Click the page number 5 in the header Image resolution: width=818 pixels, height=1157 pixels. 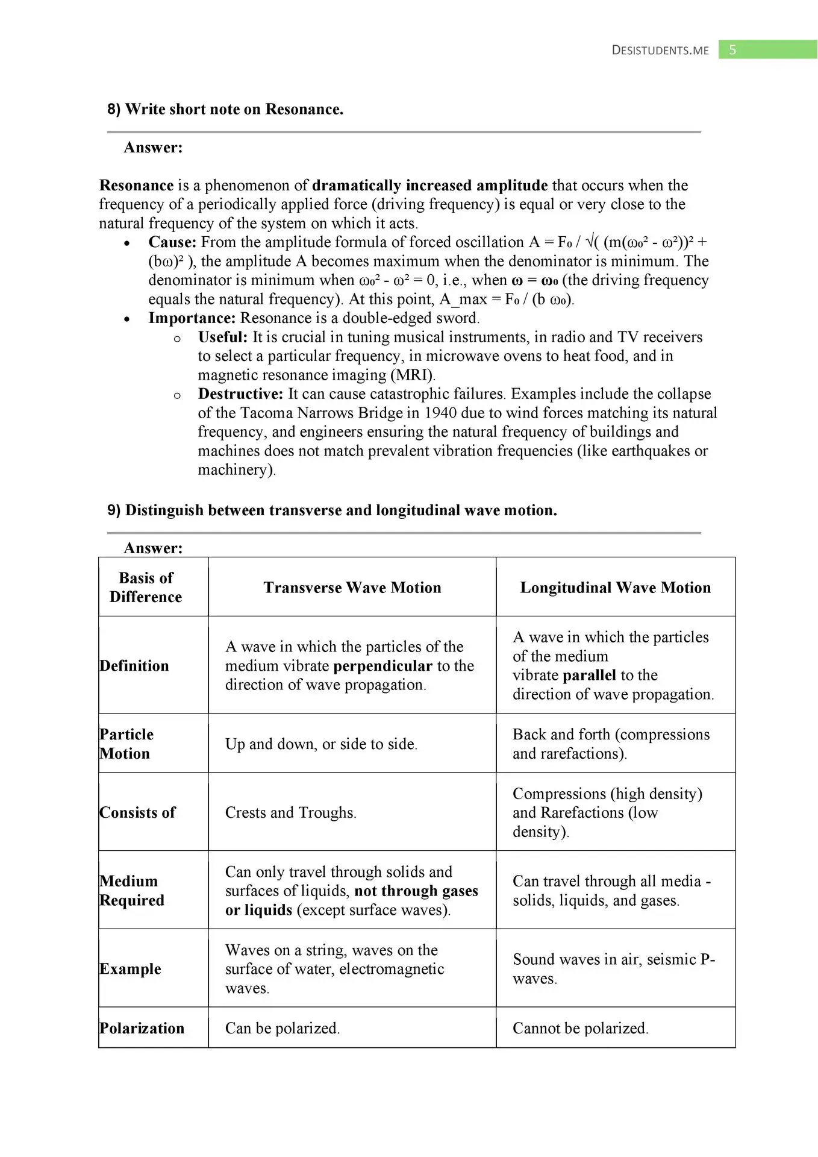732,50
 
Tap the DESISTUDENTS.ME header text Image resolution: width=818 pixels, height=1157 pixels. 660,51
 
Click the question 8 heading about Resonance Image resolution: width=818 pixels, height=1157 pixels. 225,109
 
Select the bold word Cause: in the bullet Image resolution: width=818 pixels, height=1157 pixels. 172,242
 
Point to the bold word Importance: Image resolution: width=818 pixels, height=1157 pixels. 192,318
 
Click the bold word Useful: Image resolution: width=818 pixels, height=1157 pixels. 222,337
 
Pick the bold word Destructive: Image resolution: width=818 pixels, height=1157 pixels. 240,394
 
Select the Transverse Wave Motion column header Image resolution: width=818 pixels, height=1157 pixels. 352,588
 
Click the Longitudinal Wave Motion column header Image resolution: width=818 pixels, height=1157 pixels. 615,588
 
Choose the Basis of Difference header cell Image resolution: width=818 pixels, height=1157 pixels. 146,588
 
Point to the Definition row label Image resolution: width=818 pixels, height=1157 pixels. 134,666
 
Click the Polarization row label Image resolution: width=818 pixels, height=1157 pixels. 142,1028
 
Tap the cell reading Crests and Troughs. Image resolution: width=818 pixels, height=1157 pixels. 290,813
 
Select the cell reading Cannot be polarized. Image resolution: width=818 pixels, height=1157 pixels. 580,1028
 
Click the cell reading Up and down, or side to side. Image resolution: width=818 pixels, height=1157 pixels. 321,744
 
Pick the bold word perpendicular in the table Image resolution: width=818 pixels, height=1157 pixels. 382,666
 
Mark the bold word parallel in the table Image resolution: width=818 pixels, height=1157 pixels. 590,676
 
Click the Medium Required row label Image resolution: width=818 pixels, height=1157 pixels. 132,891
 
